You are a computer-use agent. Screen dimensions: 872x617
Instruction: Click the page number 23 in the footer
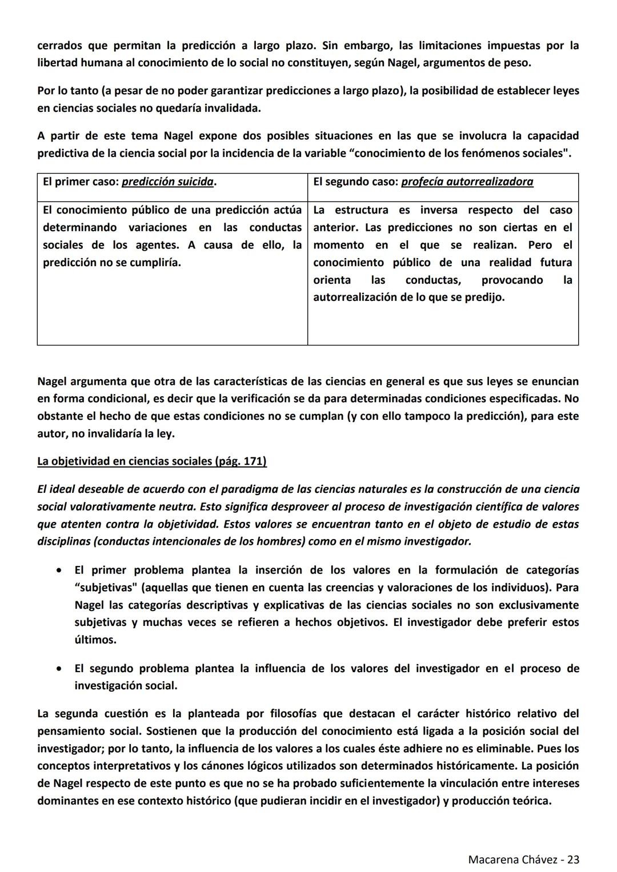573,859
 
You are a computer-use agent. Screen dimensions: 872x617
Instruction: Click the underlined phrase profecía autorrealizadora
467,182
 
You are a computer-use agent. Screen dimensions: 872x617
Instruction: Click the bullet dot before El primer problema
59,570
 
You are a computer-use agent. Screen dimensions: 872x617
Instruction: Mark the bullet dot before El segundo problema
59,669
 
